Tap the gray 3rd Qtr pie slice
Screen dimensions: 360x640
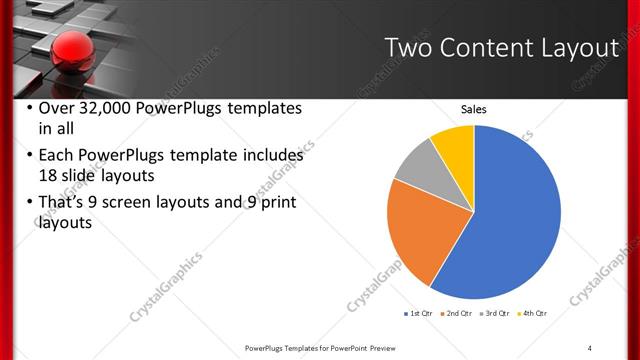pos(417,161)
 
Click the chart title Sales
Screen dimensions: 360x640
pos(473,109)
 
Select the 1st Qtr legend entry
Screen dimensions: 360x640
pos(417,313)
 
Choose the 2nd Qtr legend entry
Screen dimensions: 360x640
pos(459,313)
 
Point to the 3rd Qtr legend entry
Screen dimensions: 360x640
pos(499,313)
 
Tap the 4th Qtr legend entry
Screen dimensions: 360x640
pos(536,313)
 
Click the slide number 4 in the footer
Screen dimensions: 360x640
pos(590,347)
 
